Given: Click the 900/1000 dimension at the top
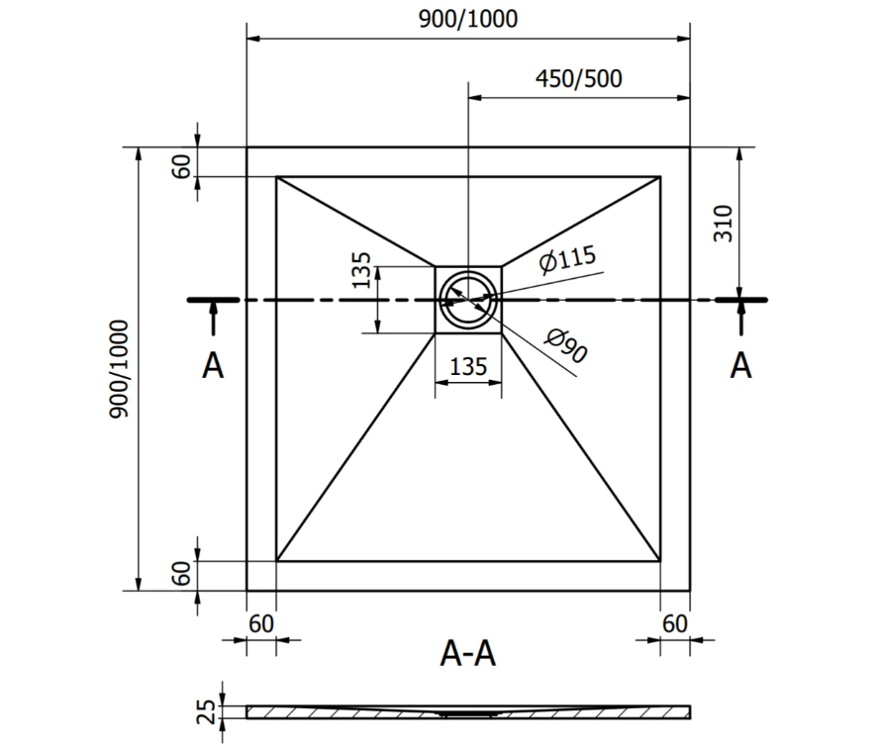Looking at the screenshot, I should pos(467,20).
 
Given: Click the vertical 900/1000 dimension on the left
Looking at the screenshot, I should pos(119,368).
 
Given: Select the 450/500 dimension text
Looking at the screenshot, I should pos(578,79).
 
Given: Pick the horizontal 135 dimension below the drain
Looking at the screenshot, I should pos(468,366).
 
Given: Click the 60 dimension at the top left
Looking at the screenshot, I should pos(181,164).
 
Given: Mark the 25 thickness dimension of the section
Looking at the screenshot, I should pos(206,710).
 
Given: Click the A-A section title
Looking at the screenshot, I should pos(467,653).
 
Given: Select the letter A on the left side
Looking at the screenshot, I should pos(213,366).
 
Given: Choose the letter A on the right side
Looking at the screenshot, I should pos(740,366).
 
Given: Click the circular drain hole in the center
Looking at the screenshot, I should pos(467,298).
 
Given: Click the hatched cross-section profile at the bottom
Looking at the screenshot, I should pos(467,712).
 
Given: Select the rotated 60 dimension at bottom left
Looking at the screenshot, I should pos(181,574).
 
